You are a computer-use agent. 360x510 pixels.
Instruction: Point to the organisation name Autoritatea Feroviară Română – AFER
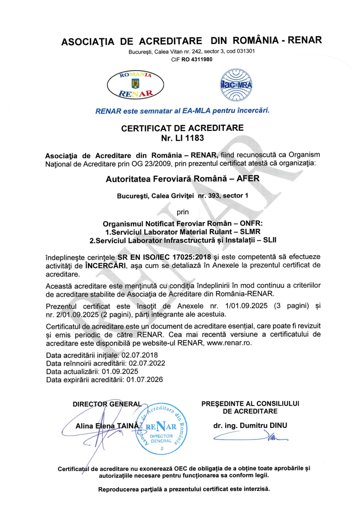[x=182, y=179]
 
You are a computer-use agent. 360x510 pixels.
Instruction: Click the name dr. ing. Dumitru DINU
[x=250, y=426]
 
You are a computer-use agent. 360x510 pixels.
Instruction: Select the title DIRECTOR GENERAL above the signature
[x=107, y=404]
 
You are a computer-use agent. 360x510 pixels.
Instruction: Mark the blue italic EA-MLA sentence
[x=182, y=110]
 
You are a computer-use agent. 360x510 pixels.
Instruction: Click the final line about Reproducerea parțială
[x=184, y=490]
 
